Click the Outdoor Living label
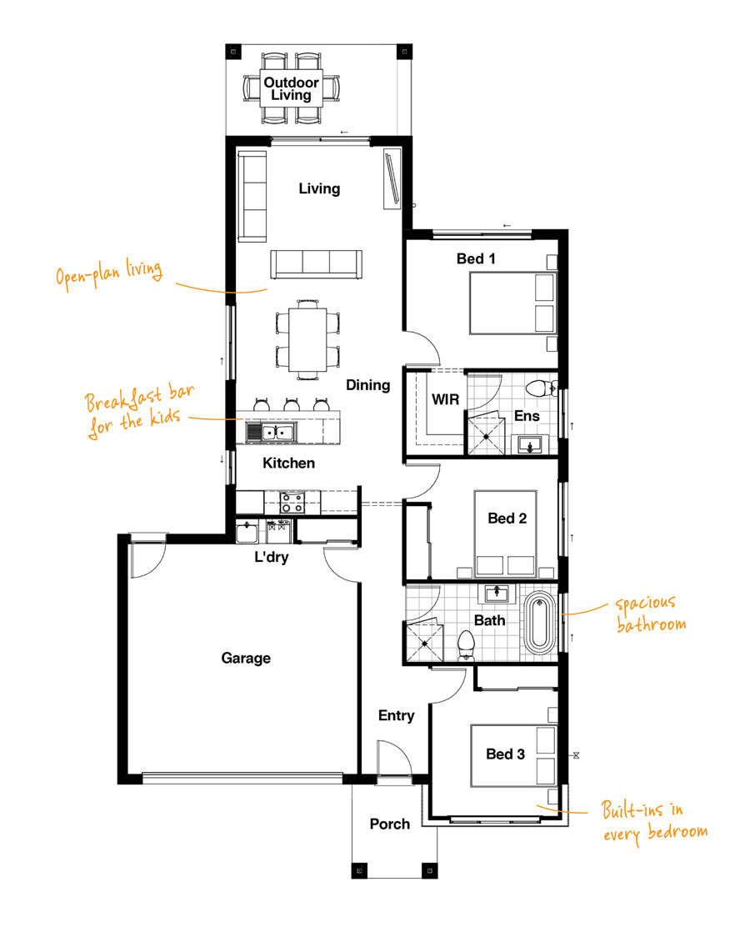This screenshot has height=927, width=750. [x=292, y=88]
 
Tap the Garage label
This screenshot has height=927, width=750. [x=246, y=658]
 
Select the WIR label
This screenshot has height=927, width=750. [x=445, y=399]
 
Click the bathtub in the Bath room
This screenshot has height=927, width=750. [x=539, y=624]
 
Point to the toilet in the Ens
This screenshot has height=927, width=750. [x=541, y=389]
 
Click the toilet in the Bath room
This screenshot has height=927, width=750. [x=467, y=645]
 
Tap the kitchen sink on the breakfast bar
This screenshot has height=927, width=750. [x=271, y=433]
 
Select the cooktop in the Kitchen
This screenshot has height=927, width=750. [x=292, y=503]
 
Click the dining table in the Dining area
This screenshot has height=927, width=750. [x=307, y=340]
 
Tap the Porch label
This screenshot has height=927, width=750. [x=389, y=824]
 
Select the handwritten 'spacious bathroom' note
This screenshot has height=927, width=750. [x=650, y=614]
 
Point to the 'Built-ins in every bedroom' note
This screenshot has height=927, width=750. [x=654, y=822]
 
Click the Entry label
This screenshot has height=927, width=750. [x=396, y=715]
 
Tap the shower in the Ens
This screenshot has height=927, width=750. [x=486, y=436]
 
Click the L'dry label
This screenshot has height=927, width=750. [x=272, y=557]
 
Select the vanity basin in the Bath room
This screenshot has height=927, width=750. [x=497, y=593]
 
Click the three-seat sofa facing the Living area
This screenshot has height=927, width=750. [x=316, y=264]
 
